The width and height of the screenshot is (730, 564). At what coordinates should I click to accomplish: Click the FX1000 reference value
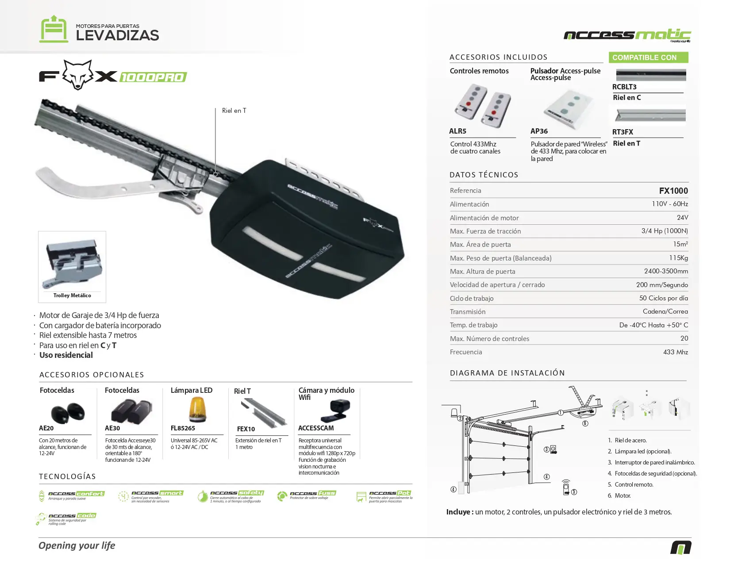click(673, 191)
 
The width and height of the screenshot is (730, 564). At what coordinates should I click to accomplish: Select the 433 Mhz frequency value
click(675, 352)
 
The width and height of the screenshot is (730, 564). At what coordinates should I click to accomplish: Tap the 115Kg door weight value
click(678, 258)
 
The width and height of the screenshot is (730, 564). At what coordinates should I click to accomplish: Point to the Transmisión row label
click(468, 312)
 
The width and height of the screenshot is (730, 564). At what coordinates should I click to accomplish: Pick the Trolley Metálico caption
click(72, 295)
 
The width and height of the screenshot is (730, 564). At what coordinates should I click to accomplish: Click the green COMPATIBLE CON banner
click(648, 58)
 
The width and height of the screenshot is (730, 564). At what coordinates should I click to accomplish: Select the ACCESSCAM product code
click(316, 428)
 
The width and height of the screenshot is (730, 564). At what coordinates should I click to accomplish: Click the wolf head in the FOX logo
click(78, 75)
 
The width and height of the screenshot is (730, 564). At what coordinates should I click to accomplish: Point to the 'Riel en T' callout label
click(234, 111)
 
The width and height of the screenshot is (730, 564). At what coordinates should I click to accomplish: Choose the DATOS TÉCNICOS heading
click(484, 175)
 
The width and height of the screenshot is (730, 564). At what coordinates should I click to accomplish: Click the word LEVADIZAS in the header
click(117, 35)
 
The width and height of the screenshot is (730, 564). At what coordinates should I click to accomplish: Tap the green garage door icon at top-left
click(54, 29)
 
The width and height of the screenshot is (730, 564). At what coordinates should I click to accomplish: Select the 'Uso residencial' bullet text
click(66, 355)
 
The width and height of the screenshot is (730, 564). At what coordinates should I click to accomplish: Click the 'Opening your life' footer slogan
click(77, 545)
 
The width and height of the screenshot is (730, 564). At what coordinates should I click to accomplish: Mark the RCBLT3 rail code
click(624, 87)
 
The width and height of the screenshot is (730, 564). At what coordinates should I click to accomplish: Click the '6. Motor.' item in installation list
click(619, 495)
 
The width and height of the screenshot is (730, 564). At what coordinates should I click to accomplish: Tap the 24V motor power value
click(682, 218)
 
